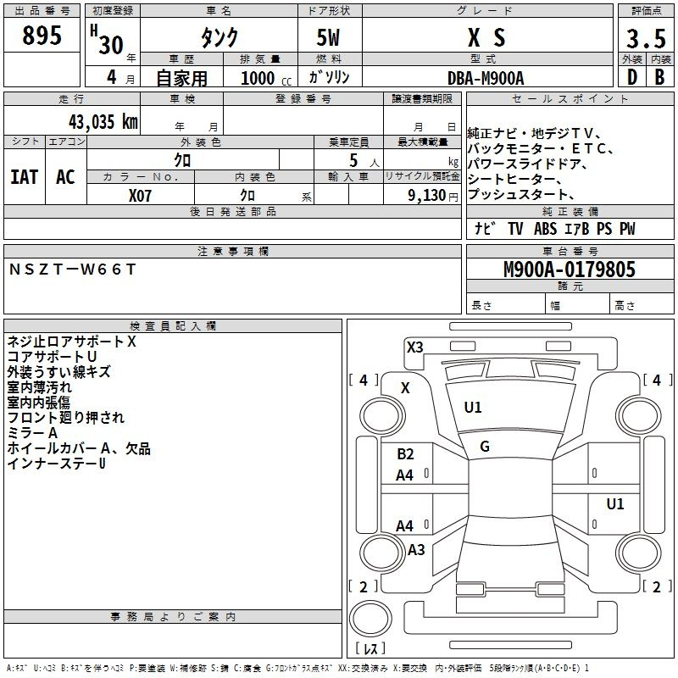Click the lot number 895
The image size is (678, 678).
coord(42,35)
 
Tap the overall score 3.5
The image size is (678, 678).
coord(646,38)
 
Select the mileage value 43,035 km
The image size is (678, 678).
coord(103,122)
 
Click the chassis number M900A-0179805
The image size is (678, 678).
coord(570,270)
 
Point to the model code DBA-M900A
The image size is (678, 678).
coord(486,78)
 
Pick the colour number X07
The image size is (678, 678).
coord(140,196)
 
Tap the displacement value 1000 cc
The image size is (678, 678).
coord(266,78)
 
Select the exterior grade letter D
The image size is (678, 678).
coord(632,77)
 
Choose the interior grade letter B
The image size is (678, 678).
coord(659,77)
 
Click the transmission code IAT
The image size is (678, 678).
coord(25,177)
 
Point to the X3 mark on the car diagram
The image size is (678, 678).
coord(414,347)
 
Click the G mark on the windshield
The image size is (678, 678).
coord(485,447)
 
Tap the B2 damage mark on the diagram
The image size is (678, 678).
coord(405,454)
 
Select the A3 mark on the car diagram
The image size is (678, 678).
coord(416,550)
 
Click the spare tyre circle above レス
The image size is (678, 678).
coord(370,619)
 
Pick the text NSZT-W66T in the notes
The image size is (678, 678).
coord(72,270)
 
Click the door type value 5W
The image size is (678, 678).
coord(328,37)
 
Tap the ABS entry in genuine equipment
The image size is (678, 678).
coord(545,229)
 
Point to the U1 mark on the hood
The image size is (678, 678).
coord(472,408)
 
